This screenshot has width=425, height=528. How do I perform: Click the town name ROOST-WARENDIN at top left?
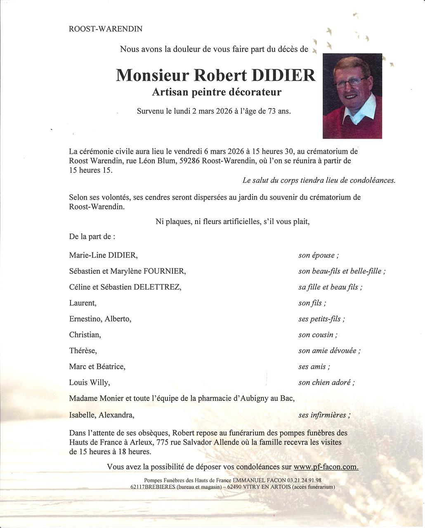[x=106, y=29]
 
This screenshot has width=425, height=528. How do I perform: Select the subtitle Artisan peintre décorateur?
[x=217, y=92]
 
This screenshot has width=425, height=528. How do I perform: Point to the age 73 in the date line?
[x=272, y=111]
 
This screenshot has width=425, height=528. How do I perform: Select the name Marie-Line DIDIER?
[x=103, y=255]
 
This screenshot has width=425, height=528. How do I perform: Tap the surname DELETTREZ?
[x=157, y=287]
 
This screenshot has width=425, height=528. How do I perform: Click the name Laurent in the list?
[x=83, y=303]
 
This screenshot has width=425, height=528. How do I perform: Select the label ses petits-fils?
[x=321, y=319]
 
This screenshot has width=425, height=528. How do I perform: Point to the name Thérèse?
[x=83, y=351]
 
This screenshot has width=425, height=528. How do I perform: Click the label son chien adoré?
[x=326, y=382]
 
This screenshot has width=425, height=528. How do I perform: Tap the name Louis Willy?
[x=90, y=382]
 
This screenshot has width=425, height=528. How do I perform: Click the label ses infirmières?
[x=324, y=415]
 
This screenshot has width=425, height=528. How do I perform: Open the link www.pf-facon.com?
[x=326, y=467]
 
